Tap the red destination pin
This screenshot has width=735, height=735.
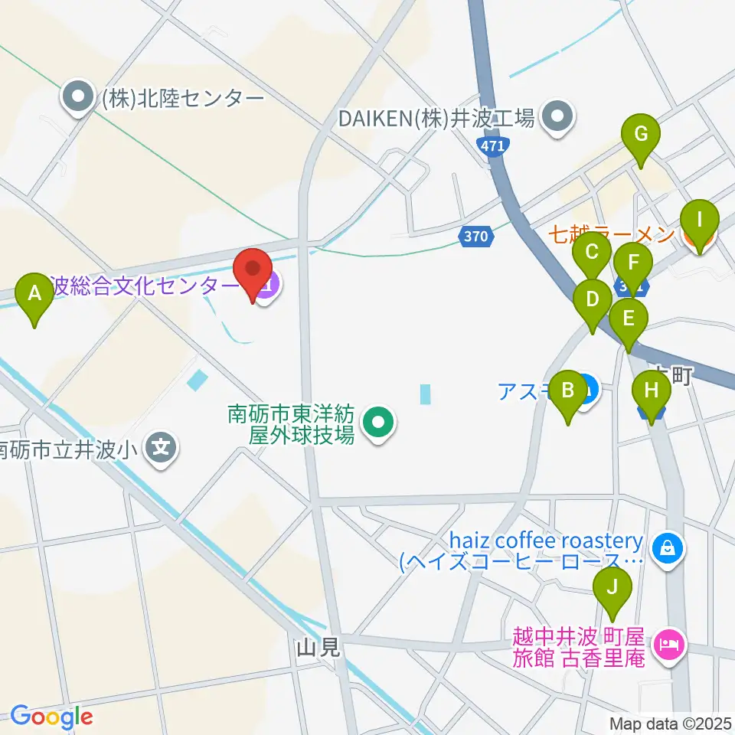pos(253,275)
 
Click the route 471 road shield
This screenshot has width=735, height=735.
pos(490,145)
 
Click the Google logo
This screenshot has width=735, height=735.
pos(51,717)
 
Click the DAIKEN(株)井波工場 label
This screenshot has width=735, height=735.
pos(437,119)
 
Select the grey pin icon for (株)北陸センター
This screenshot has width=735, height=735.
pos(77,98)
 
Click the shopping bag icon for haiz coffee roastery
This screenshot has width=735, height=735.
pos(668,548)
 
